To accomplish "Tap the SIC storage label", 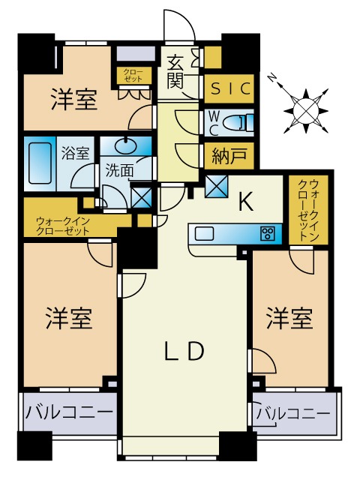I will pos(229,89).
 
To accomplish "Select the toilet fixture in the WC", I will pos(240,121).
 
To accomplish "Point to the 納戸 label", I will pos(229,157).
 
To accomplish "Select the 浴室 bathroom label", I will pos(75,154).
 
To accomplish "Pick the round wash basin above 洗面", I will pos(121,147).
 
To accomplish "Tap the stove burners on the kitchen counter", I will pos(266,233).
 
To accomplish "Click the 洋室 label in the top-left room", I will pos(74,100).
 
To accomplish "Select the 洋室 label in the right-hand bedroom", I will pos(289,319).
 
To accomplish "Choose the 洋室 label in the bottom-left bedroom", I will pos(70,319).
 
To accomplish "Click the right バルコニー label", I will pos(293,413).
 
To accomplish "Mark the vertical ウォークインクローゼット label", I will pos(308,209).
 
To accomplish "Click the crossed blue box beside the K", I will pos(216,184).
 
